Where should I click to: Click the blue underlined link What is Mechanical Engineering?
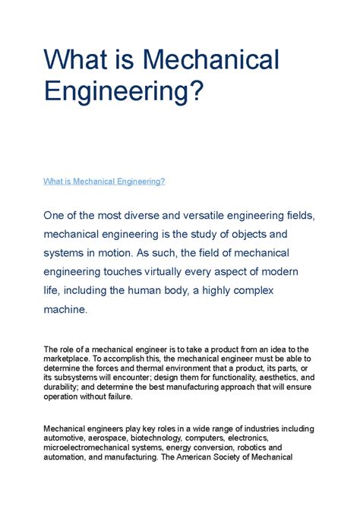click(104, 182)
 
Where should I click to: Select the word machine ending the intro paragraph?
click(65, 308)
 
